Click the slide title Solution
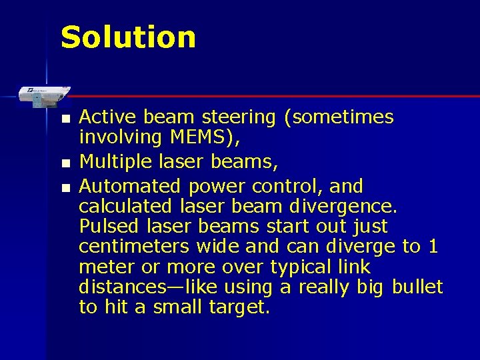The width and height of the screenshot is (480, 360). point(128,37)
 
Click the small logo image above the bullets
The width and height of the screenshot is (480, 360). point(41,94)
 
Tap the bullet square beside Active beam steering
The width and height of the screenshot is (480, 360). point(64,119)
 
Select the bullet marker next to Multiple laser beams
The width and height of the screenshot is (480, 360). point(64,163)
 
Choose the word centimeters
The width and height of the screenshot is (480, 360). point(134,246)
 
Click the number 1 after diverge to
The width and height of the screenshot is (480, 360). point(433,246)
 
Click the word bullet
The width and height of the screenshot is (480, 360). point(417,287)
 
